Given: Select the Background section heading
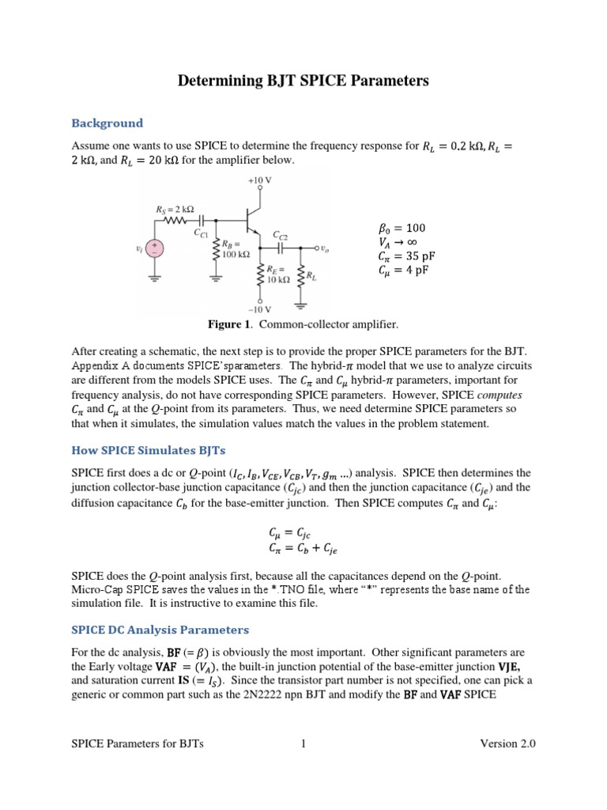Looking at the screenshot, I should [x=107, y=123].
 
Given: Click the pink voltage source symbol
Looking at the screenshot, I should [x=154, y=249].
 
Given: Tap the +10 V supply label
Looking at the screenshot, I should [x=259, y=180].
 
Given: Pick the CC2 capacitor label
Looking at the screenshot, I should [x=281, y=236].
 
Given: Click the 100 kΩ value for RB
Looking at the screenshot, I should [x=236, y=255].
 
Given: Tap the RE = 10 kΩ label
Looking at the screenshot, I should [x=277, y=274].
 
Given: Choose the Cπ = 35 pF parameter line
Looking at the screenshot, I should [x=407, y=257].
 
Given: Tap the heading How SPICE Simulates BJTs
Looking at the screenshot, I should [x=149, y=451].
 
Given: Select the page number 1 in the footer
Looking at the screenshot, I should [x=303, y=744].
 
